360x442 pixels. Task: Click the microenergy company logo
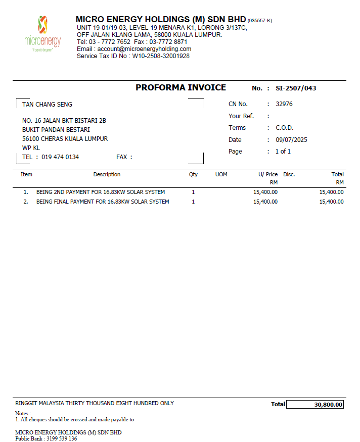click(42, 34)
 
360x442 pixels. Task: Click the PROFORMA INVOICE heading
click(181, 88)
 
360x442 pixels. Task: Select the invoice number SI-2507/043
click(296, 88)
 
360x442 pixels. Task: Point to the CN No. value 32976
click(284, 104)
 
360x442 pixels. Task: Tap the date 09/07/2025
click(291, 140)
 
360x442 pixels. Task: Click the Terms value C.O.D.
click(285, 128)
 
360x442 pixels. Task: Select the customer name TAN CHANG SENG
click(47, 105)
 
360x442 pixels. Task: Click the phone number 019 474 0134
click(60, 157)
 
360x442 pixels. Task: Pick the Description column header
click(107, 175)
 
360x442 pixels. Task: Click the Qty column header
click(193, 175)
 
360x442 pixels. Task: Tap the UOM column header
click(221, 175)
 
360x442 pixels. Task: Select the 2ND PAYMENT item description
click(101, 192)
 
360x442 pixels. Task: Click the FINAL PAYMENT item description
click(103, 202)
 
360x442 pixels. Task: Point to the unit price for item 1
click(265, 192)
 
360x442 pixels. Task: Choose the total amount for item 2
click(332, 202)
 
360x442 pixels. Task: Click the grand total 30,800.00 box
click(314, 405)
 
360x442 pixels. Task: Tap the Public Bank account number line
click(46, 438)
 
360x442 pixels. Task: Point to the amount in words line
click(95, 404)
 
